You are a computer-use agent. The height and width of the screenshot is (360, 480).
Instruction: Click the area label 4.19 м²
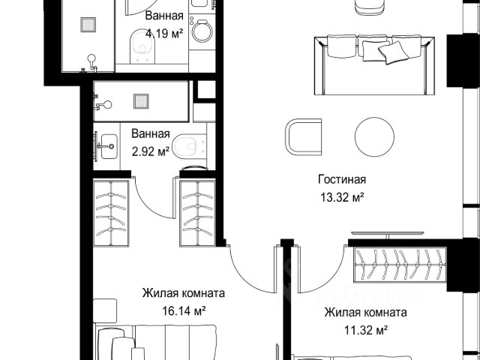(x=164, y=33)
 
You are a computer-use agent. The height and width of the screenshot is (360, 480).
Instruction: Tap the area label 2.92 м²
(x=151, y=151)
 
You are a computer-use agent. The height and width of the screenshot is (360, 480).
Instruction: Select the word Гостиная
(x=342, y=179)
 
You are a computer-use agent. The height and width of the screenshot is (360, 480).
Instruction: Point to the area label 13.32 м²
(x=342, y=197)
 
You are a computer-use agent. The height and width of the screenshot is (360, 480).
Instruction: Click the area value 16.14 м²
(x=184, y=311)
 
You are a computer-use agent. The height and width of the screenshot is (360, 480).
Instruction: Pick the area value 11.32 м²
(x=366, y=330)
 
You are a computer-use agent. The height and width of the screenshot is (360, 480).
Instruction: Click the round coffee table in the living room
(x=374, y=136)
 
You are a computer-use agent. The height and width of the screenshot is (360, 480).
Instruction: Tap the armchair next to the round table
(x=303, y=136)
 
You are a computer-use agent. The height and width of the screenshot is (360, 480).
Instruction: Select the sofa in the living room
(x=374, y=65)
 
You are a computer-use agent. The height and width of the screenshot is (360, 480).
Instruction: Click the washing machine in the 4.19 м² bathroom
(x=202, y=31)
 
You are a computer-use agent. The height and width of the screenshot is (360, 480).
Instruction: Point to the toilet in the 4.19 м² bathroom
(x=142, y=46)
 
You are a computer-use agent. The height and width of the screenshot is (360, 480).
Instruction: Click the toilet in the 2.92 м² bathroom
(x=189, y=146)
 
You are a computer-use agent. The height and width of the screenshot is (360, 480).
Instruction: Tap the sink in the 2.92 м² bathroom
(x=109, y=146)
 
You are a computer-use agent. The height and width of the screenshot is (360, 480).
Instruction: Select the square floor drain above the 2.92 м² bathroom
(x=141, y=101)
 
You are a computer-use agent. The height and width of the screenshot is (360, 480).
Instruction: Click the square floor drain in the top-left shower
(x=88, y=25)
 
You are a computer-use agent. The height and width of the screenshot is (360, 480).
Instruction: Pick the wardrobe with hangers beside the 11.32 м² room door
(x=400, y=265)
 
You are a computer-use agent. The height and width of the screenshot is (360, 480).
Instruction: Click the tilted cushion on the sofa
(x=393, y=52)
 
